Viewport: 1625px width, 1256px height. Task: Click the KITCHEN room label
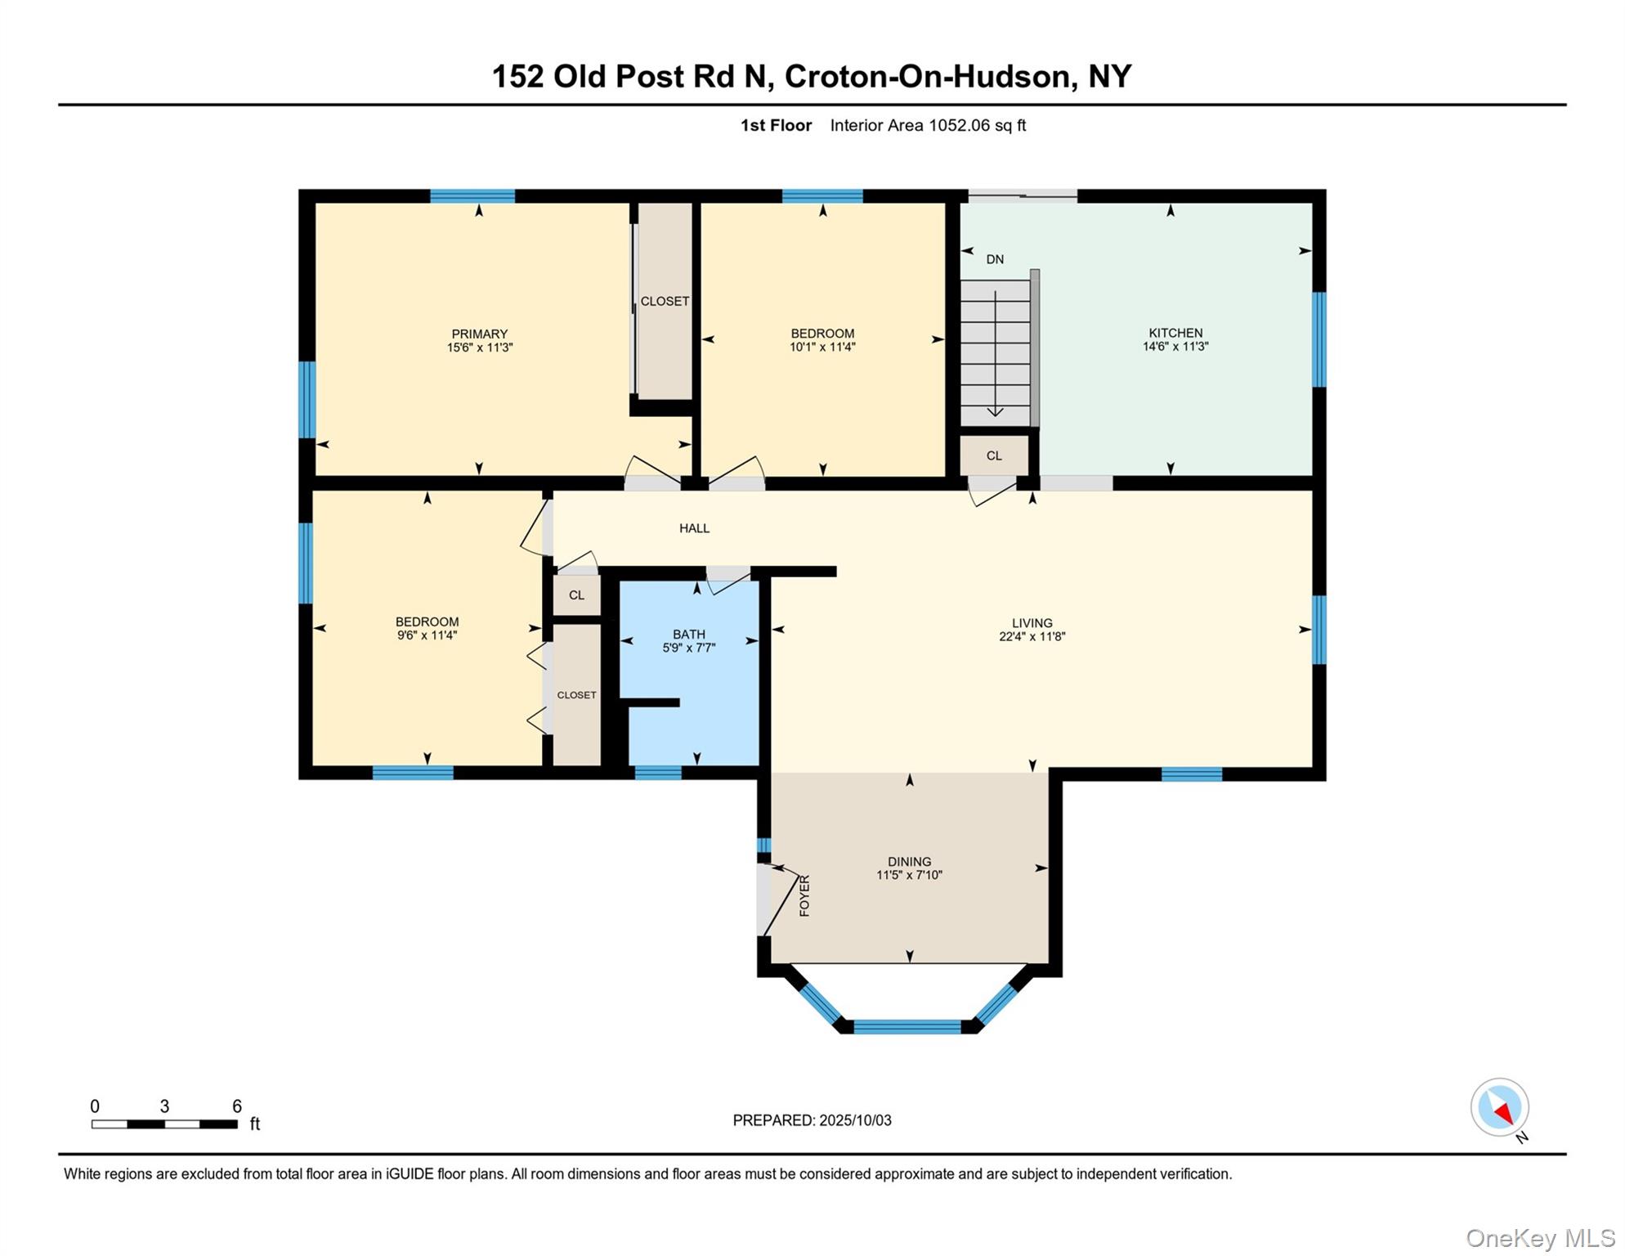coord(1175,333)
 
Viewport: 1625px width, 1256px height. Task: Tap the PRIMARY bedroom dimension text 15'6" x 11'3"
coord(479,348)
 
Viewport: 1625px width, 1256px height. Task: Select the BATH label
coord(688,634)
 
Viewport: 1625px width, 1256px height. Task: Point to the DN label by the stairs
coord(994,259)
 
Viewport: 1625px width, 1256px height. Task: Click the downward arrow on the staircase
coord(995,409)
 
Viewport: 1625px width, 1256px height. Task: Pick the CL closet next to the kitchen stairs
coord(993,455)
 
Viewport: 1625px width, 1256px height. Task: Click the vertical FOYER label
coord(804,895)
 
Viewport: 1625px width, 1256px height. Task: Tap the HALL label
coord(694,528)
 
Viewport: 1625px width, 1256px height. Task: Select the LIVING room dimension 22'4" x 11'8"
coord(1032,637)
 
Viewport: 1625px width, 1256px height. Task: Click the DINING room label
coord(909,861)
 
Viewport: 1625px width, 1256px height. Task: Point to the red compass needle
coord(1504,1113)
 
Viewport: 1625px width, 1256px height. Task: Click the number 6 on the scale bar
coord(237,1106)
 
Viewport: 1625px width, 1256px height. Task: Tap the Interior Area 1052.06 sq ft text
coord(928,125)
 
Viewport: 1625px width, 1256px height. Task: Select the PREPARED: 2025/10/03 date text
coord(812,1120)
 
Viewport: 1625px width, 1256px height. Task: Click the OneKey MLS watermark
coord(1540,1238)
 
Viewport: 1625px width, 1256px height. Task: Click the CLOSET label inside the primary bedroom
coord(665,301)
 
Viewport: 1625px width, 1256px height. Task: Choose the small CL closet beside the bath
coord(576,595)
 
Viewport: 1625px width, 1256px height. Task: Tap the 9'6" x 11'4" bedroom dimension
coord(427,635)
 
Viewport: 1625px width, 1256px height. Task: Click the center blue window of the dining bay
coord(907,1027)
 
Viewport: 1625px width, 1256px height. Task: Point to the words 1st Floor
coord(776,125)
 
